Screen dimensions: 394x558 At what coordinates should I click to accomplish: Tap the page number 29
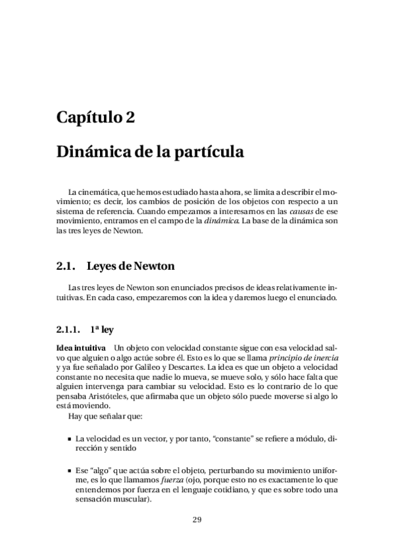197,519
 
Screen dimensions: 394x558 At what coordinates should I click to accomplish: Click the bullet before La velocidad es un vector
69,438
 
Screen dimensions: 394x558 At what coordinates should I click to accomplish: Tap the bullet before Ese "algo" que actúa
69,472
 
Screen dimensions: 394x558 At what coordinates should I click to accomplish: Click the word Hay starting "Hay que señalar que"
75,416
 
